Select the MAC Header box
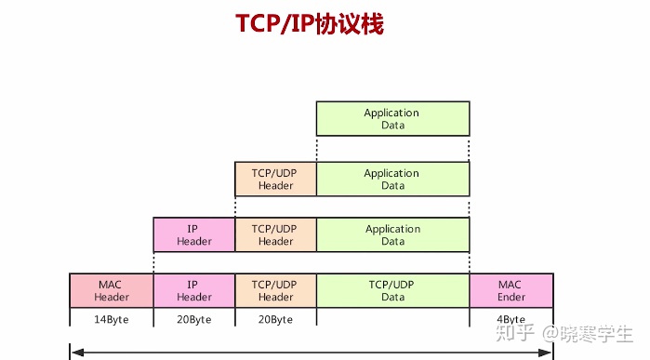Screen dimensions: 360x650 pos(112,290)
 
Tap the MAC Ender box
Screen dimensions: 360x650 pos(511,290)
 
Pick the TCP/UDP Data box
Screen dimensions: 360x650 pos(392,290)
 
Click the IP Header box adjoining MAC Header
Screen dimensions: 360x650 pos(193,290)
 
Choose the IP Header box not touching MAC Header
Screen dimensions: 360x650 pos(193,234)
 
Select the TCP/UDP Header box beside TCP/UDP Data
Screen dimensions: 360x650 pos(275,290)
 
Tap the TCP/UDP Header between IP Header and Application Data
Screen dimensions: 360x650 pos(275,234)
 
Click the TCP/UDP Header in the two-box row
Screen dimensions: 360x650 pos(275,179)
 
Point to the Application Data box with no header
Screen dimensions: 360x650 pos(392,119)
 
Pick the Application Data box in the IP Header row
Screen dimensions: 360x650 pos(392,234)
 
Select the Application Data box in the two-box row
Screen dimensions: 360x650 pos(392,179)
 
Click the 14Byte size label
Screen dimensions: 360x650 pos(112,319)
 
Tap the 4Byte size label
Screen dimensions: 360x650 pos(511,319)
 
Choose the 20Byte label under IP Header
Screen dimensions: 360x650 pos(193,319)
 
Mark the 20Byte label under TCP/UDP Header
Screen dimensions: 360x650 pos(275,319)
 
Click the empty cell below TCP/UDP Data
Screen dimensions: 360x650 pos(392,318)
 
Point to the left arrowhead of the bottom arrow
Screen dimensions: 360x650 pos(74,353)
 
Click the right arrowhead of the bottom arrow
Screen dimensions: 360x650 pos(550,353)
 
